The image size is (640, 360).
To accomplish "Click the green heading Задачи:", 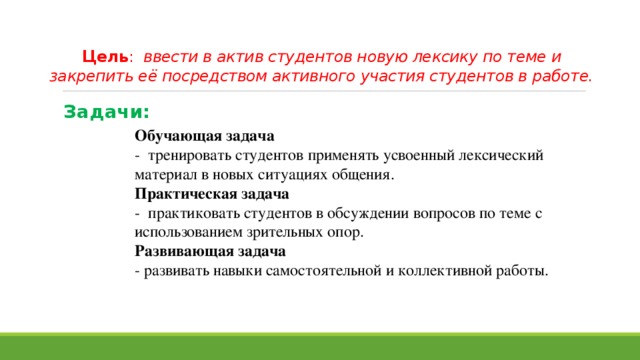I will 106,112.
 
